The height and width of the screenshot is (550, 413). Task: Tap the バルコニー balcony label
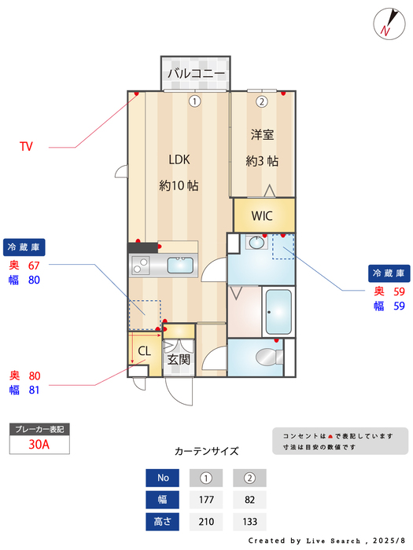[196, 75]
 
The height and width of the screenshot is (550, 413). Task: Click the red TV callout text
[27, 146]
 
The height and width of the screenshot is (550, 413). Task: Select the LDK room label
[179, 159]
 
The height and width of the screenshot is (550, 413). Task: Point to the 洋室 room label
[262, 134]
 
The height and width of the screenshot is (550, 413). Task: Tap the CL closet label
[145, 350]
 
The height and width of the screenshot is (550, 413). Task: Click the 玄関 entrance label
[179, 360]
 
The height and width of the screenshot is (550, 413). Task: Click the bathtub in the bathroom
[277, 312]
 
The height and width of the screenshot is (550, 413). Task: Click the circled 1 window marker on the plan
[194, 101]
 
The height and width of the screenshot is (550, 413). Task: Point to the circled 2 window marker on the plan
[262, 101]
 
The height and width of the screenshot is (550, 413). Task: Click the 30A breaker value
[39, 445]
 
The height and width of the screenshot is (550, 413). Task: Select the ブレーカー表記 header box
[39, 429]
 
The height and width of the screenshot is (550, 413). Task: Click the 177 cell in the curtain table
[205, 500]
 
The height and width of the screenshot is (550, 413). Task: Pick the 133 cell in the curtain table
[250, 521]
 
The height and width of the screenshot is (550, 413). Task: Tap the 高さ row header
[163, 521]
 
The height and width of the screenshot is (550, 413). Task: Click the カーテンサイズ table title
[206, 451]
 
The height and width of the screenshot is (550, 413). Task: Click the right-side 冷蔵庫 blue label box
[389, 273]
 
